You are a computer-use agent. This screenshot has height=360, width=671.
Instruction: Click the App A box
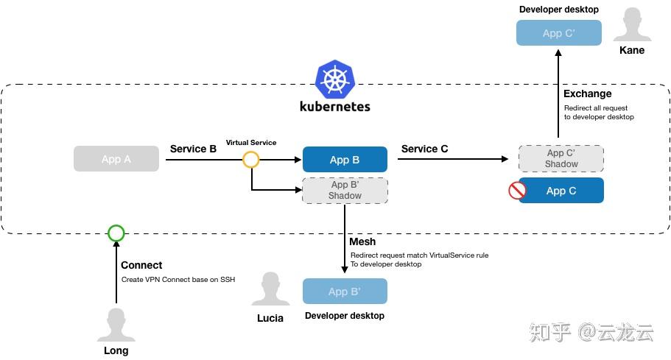(x=116, y=159)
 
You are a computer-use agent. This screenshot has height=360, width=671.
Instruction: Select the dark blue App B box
(x=345, y=160)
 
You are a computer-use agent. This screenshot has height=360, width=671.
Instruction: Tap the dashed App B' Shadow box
(x=345, y=191)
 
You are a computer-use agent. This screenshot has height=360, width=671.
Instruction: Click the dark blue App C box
(x=561, y=191)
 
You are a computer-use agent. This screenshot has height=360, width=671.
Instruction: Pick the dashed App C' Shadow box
(x=561, y=159)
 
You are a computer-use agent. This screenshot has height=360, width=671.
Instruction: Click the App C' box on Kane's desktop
(x=558, y=33)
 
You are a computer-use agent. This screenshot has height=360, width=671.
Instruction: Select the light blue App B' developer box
(x=345, y=292)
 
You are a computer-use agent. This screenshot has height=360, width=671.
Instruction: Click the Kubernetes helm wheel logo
(x=335, y=80)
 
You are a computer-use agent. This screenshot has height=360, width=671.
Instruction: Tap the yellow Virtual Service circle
(x=251, y=159)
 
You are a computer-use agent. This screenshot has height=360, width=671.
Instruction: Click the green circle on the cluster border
(x=116, y=233)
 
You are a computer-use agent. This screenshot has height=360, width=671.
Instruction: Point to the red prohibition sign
(x=517, y=191)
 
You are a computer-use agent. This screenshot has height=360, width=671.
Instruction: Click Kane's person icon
(x=631, y=26)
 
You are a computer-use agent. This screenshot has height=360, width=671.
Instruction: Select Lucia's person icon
(x=270, y=289)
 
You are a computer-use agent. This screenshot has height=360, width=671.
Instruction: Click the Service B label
(x=193, y=149)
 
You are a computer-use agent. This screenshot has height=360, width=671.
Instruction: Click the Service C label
(x=424, y=149)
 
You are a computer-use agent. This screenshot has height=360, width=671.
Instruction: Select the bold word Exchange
(x=587, y=93)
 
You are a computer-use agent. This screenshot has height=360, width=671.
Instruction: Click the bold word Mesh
(x=362, y=241)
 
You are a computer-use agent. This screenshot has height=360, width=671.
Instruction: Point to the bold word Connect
(x=141, y=265)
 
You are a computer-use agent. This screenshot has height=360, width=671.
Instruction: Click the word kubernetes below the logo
(x=335, y=106)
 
